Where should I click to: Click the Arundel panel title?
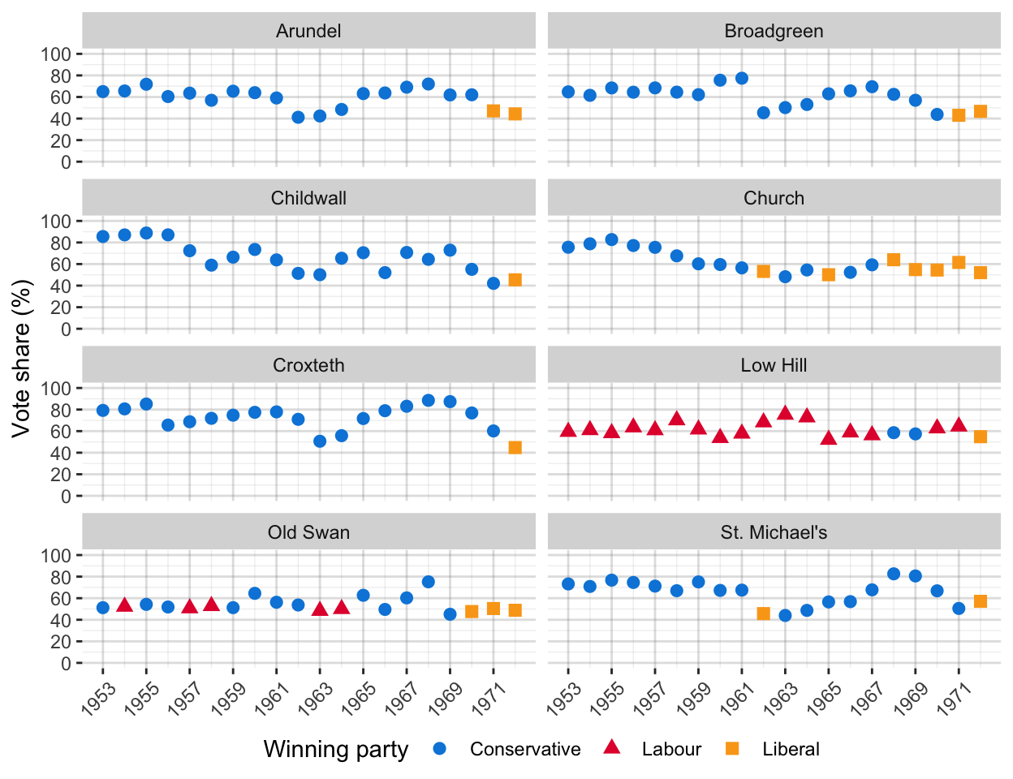[308, 31]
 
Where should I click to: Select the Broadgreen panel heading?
[774, 31]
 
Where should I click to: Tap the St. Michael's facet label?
[774, 532]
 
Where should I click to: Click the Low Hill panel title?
[774, 365]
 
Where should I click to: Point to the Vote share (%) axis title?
[22, 358]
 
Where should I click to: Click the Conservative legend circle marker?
[440, 748]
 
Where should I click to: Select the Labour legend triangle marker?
[612, 747]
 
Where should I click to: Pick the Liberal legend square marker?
[732, 748]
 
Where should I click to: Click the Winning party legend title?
[335, 749]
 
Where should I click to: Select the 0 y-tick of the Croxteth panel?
[66, 496]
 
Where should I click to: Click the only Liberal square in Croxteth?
[515, 447]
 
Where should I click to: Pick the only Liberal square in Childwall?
[515, 280]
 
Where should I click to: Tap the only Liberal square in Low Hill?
[980, 437]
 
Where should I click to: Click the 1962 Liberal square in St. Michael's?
[763, 613]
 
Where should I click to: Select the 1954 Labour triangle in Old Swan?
[125, 605]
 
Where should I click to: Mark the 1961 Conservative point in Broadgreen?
[741, 78]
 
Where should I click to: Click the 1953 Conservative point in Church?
[568, 247]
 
